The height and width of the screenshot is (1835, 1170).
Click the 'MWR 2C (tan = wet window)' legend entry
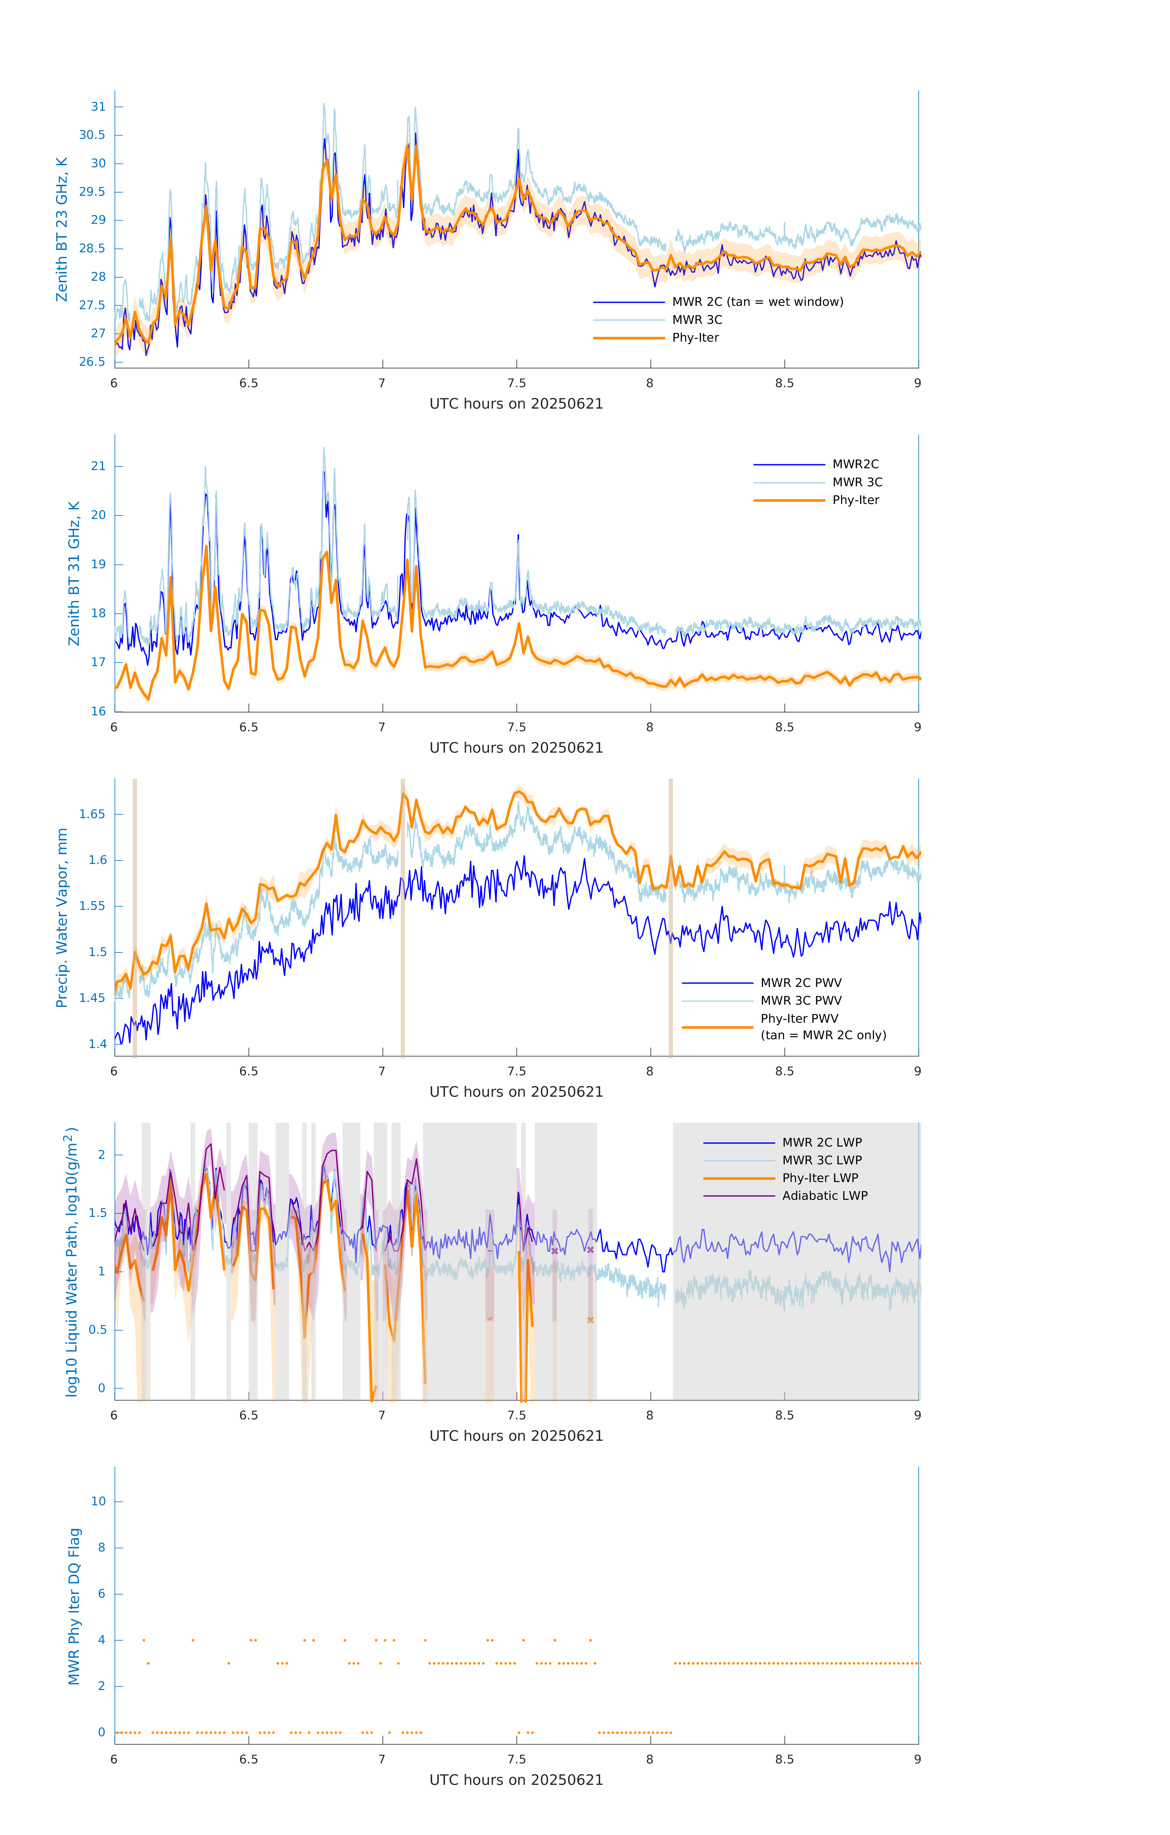coord(757,302)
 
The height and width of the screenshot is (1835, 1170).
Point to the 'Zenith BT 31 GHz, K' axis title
coord(74,573)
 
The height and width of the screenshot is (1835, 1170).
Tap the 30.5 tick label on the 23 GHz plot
coord(92,135)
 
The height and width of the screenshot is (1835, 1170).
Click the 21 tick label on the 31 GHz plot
coord(98,466)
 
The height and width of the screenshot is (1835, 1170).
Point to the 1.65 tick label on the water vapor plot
coord(92,814)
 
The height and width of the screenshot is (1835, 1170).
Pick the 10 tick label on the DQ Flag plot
coord(98,1501)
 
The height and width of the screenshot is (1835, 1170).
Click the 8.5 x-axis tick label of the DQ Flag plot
coord(784,1759)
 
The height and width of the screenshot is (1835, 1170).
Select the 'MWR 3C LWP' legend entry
coord(822,1160)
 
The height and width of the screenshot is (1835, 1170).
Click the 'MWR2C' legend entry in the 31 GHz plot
coord(855,464)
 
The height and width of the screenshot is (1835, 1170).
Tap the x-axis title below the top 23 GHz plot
coord(516,404)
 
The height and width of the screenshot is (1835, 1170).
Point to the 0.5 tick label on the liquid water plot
coord(98,1330)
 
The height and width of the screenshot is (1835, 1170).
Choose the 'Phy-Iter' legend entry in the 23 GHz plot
coord(695,338)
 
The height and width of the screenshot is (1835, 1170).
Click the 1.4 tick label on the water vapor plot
coord(98,1044)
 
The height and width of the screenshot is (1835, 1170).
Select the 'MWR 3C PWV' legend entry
coord(800,1001)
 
